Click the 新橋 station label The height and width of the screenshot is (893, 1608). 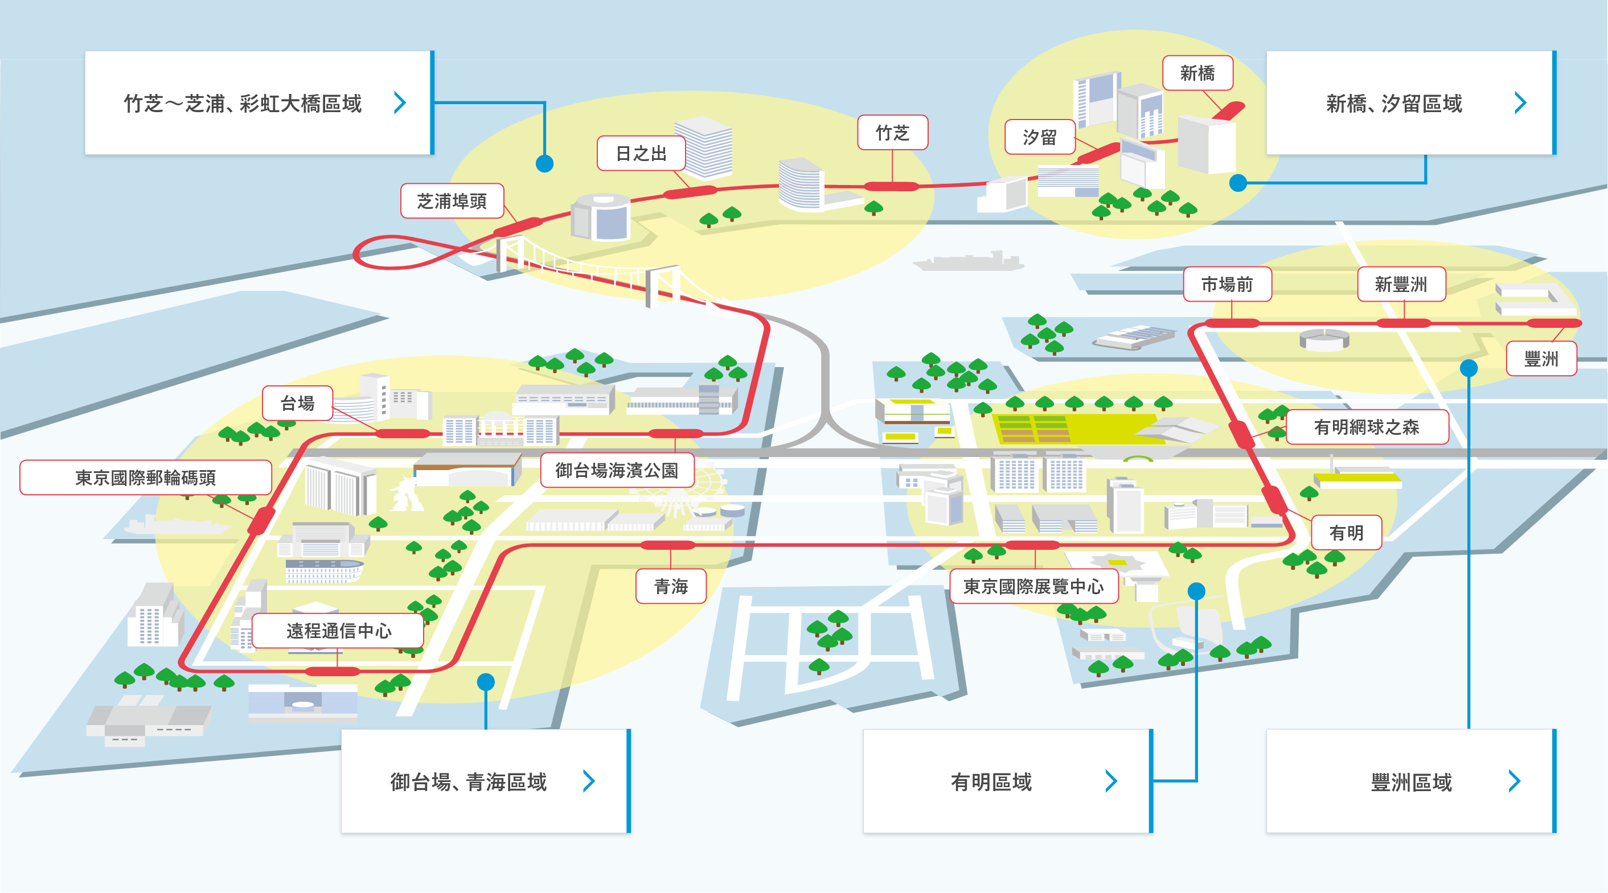(x=1197, y=73)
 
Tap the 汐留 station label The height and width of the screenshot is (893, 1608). (x=1040, y=137)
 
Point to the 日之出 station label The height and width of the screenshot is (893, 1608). (x=641, y=153)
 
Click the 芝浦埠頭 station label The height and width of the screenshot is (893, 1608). (x=452, y=201)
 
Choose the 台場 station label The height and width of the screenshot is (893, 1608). (x=297, y=403)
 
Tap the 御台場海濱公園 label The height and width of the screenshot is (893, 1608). (x=617, y=470)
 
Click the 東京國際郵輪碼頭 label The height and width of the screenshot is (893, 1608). (x=145, y=478)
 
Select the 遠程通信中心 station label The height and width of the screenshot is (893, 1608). (x=338, y=630)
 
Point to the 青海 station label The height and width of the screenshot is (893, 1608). (x=671, y=586)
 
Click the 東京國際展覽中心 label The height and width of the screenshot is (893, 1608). (x=1033, y=586)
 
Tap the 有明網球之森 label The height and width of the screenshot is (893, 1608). (x=1367, y=427)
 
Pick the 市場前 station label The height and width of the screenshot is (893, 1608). (x=1227, y=284)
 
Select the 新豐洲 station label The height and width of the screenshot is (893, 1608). (x=1401, y=284)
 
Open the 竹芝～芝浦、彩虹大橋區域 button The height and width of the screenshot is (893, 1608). (x=260, y=103)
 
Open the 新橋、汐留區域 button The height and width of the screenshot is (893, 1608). (x=1411, y=103)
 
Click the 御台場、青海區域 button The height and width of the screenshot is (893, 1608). (x=486, y=781)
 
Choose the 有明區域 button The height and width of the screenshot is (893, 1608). (x=1007, y=781)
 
